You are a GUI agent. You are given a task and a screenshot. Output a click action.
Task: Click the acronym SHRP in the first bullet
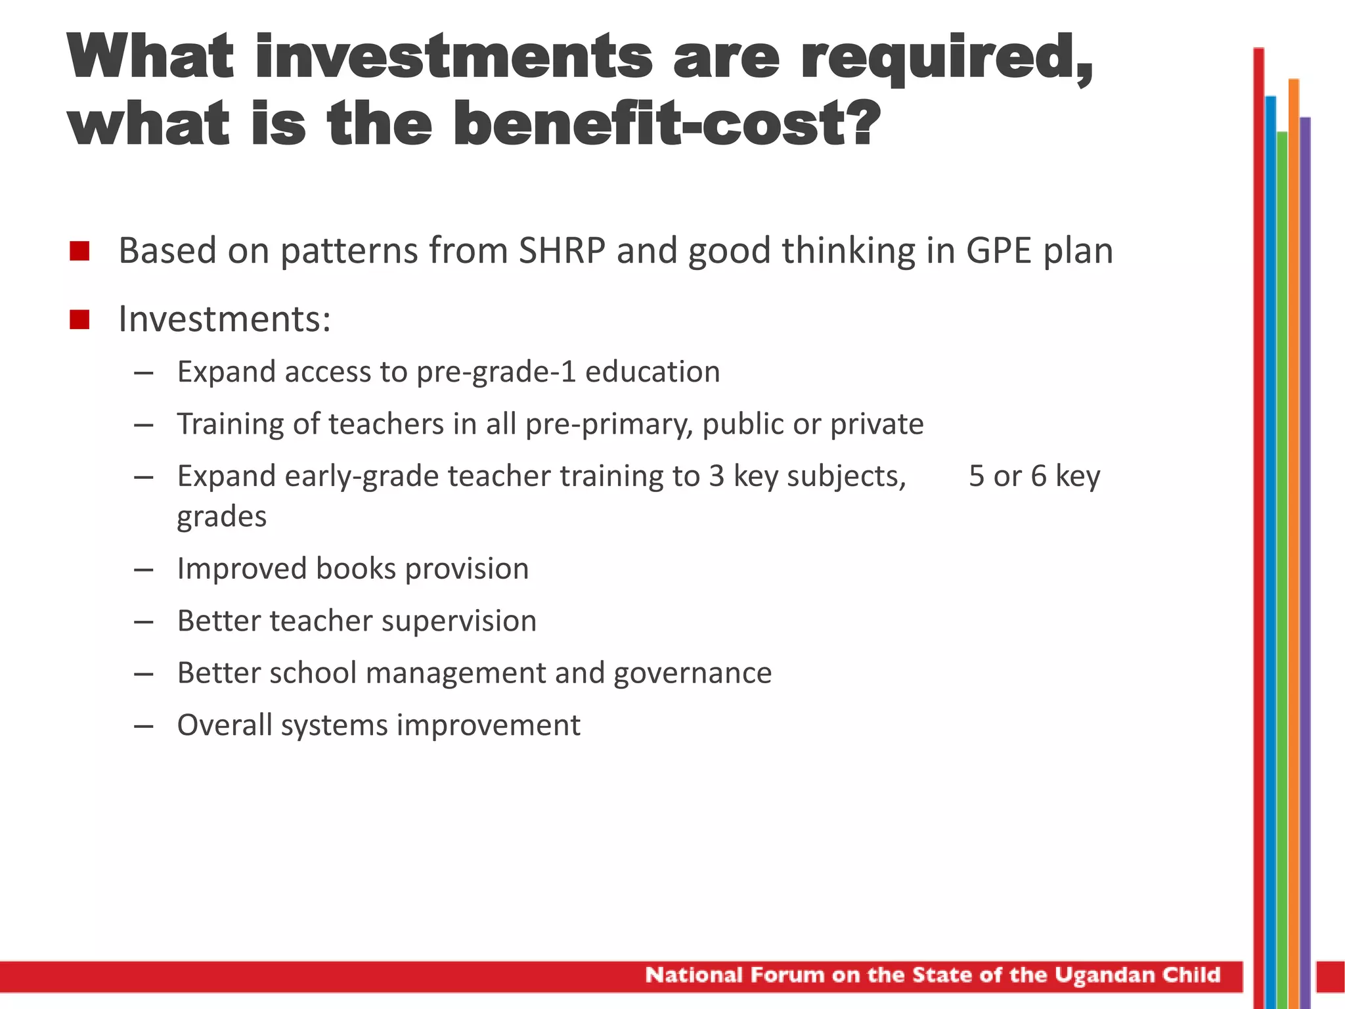click(562, 251)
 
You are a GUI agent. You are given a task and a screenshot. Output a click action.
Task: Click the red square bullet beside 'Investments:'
click(79, 320)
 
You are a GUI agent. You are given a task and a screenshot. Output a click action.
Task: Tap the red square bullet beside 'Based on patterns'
click(79, 251)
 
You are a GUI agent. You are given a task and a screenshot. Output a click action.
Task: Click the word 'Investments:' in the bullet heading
click(225, 320)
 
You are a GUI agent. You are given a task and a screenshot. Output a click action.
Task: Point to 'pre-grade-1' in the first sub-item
click(496, 372)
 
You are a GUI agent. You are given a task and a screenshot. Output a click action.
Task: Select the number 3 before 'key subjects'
click(716, 476)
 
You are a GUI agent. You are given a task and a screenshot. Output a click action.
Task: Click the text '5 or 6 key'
click(1034, 476)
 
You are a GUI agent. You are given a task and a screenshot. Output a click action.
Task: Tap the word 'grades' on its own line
click(222, 517)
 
